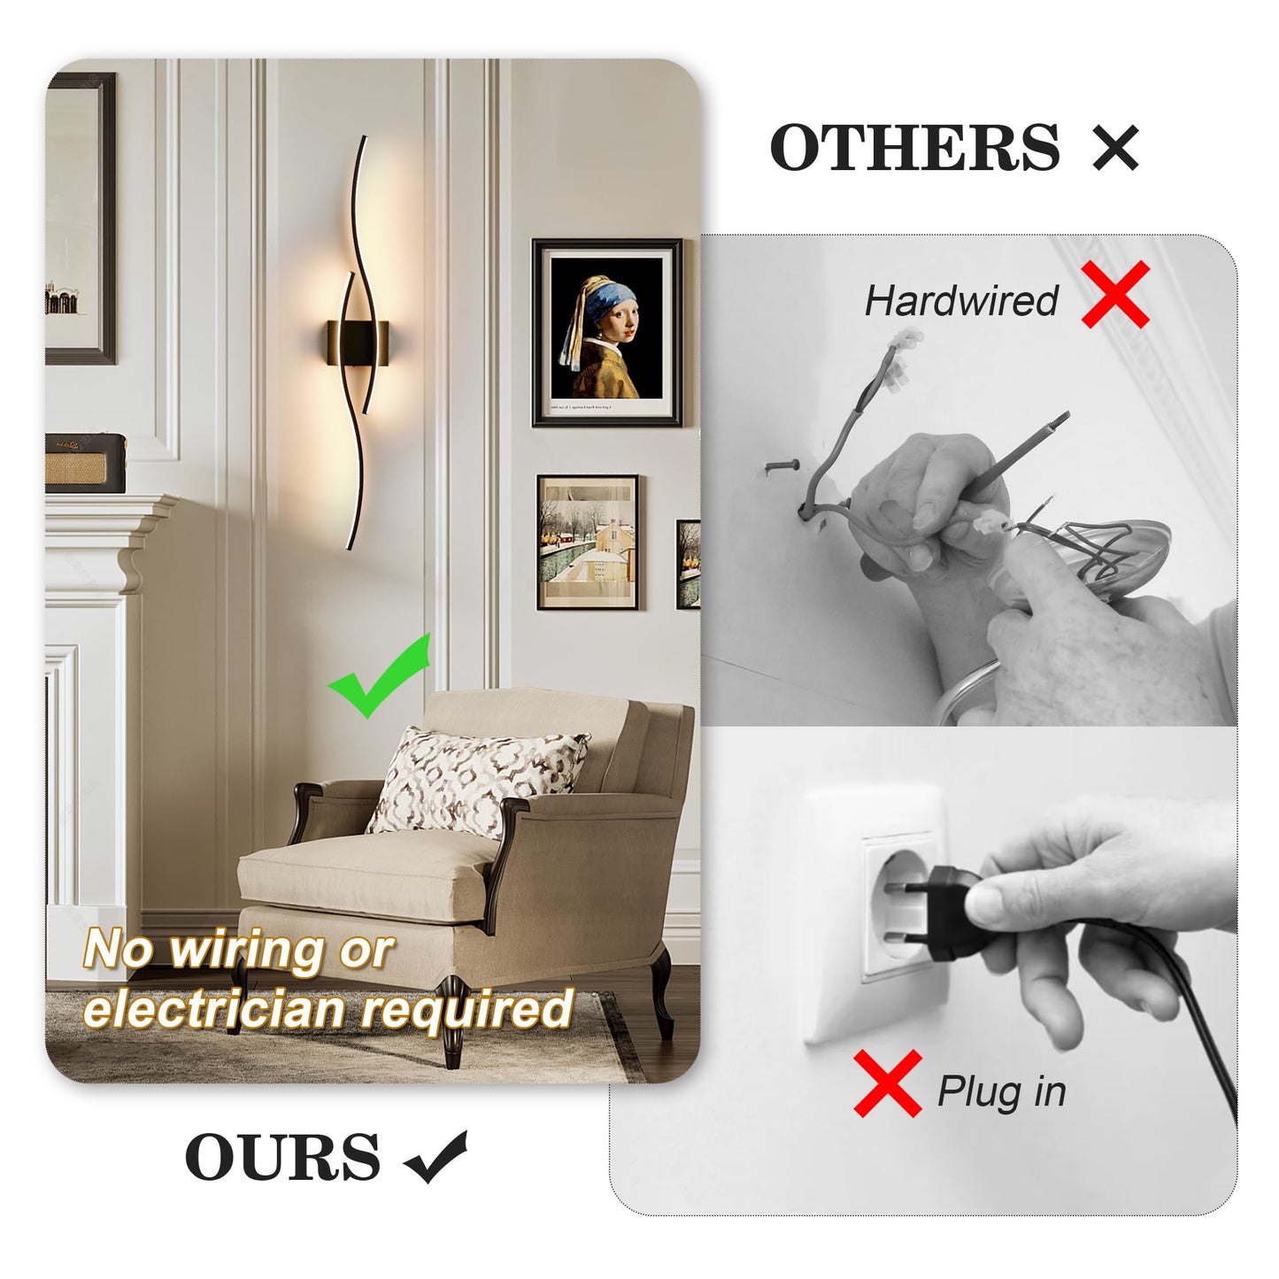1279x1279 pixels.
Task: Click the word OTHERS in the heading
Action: pyautogui.click(x=914, y=147)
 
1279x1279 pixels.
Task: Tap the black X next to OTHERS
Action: pyautogui.click(x=1115, y=148)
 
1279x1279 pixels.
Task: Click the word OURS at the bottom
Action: pyautogui.click(x=282, y=1157)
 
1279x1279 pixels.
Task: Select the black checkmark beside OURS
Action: pyautogui.click(x=435, y=1157)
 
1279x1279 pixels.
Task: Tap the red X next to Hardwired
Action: pyautogui.click(x=1115, y=296)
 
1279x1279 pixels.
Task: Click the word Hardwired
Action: pyautogui.click(x=961, y=301)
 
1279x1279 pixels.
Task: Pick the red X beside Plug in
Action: pyautogui.click(x=888, y=1083)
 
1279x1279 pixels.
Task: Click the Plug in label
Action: pyautogui.click(x=1001, y=1091)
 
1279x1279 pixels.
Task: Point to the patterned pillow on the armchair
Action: pyautogui.click(x=476, y=779)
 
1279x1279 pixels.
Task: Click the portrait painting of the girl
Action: pyautogui.click(x=607, y=332)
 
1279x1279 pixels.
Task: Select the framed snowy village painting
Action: pyautogui.click(x=587, y=542)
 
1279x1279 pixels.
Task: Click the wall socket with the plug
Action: pyautogui.click(x=896, y=903)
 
